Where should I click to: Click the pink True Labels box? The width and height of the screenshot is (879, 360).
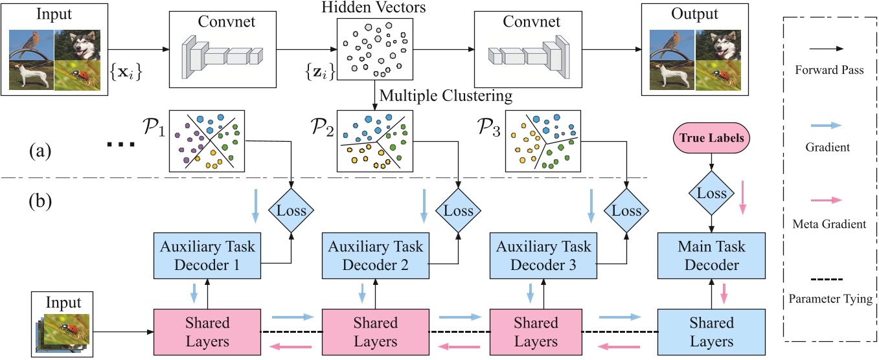tap(713, 139)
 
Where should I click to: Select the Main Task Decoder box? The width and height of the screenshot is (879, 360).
tap(711, 256)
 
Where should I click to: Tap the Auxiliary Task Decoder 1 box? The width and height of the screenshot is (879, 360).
tap(207, 256)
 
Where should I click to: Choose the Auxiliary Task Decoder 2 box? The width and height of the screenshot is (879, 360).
tap(376, 256)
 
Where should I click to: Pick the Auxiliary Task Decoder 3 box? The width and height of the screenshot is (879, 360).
tap(543, 256)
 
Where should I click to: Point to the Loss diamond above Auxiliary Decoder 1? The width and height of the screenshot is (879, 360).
tap(291, 211)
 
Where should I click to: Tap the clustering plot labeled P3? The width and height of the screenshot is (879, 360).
tap(541, 140)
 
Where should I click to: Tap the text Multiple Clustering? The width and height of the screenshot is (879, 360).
tap(446, 96)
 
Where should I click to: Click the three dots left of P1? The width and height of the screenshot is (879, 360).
tap(120, 144)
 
